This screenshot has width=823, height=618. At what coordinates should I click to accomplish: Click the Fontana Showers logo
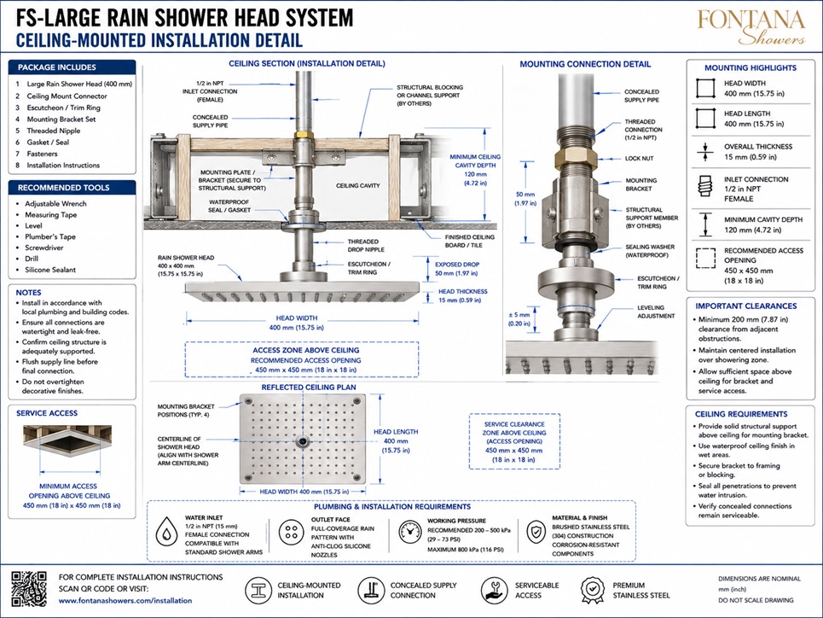pos(751,26)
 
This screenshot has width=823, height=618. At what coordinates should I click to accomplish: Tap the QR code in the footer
pos(29,589)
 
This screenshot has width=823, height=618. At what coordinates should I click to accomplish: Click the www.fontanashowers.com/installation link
pos(125,600)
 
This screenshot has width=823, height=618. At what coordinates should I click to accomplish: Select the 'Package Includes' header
pos(56,67)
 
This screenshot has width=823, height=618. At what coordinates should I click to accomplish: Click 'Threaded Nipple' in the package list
pos(54,131)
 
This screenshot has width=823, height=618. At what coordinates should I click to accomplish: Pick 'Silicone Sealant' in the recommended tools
pos(50,270)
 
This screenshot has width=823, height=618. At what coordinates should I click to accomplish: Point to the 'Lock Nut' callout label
pos(640,158)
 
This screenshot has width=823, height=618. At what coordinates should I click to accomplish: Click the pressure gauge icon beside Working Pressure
pos(409,533)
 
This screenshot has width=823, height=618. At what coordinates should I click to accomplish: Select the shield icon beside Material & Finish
pos(536,533)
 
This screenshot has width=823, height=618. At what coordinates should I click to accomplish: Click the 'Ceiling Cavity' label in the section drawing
pos(358,185)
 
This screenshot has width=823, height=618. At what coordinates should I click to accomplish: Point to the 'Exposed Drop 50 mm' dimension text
pos(456,269)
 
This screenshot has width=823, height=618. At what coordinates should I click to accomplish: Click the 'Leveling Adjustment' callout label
pos(656,312)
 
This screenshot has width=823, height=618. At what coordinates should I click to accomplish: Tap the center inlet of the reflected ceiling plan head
pos(302,441)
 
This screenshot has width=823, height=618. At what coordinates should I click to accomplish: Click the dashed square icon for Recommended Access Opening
pos(705,259)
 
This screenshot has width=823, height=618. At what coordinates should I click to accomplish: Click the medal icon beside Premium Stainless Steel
pos(593,590)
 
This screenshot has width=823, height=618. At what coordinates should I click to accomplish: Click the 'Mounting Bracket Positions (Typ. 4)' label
pos(186,411)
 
